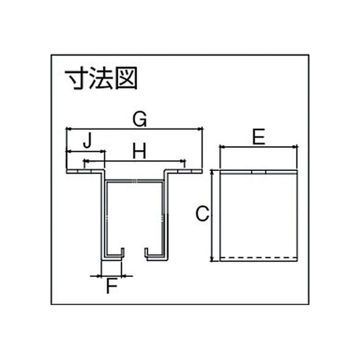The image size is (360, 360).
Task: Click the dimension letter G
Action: click(140, 120)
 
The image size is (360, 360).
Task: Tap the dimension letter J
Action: click(88, 140)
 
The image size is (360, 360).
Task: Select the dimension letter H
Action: click(139, 151)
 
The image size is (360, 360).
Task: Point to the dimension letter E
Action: click(258, 137)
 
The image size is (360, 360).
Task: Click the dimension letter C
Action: click(202, 214)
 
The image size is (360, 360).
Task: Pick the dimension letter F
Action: click(112, 286)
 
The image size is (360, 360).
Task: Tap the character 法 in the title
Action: click(101, 78)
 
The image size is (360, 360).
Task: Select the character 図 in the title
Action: click(126, 78)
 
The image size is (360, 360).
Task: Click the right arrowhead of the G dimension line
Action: click(200, 129)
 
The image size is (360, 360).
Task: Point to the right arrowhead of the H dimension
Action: click(183, 161)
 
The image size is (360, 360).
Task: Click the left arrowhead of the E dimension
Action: click(223, 147)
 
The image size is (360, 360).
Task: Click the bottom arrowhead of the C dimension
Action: click(212, 258)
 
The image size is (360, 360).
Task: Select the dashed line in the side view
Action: click(258, 258)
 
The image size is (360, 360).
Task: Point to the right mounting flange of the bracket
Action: click(184, 172)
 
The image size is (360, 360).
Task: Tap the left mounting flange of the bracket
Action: click(85, 172)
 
